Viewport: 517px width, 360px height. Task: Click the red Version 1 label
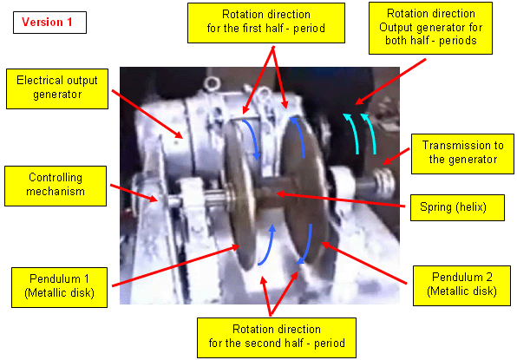pos(49,23)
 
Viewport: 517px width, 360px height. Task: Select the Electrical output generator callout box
pos(57,88)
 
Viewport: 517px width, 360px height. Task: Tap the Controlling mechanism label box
pos(56,186)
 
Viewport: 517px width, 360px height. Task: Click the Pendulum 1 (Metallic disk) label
pos(59,287)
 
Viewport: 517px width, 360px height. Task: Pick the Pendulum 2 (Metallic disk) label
pos(462,285)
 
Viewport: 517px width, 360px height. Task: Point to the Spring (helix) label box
pos(457,207)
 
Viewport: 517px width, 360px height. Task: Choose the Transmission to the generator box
pos(462,154)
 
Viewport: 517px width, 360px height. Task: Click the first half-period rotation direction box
pos(266,23)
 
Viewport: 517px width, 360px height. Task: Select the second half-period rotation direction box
pos(277,338)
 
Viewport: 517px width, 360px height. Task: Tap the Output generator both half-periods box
pos(430,28)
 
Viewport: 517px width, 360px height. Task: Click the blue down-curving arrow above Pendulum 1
pos(252,139)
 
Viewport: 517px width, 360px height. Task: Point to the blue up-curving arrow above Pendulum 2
pos(298,135)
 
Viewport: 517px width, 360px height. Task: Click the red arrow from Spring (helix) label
pos(340,200)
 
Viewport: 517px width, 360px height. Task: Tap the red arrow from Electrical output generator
pos(147,114)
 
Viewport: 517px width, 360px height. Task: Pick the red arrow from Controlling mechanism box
pos(134,193)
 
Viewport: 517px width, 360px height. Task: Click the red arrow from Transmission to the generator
pos(396,156)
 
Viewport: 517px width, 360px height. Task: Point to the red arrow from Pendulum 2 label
pos(363,263)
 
